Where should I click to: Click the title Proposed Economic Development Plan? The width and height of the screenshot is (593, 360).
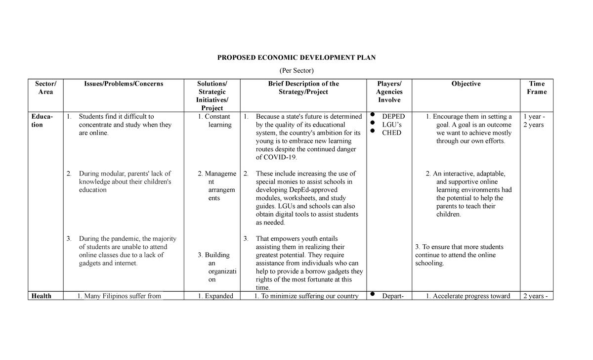(x=296, y=57)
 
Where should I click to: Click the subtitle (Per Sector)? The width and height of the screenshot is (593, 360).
(x=296, y=71)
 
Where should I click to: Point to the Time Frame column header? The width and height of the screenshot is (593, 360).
(x=537, y=88)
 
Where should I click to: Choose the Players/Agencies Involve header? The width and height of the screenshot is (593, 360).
(x=389, y=91)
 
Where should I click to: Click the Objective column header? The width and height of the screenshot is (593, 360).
(x=466, y=84)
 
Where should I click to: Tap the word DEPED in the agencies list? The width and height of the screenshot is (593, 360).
(x=393, y=117)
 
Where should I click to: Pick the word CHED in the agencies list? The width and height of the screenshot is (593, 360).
(x=392, y=133)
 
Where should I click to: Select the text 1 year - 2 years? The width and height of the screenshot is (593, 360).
(x=533, y=121)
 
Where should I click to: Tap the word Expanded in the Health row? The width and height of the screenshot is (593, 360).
(x=219, y=296)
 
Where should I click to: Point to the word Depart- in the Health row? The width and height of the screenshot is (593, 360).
(x=393, y=296)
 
